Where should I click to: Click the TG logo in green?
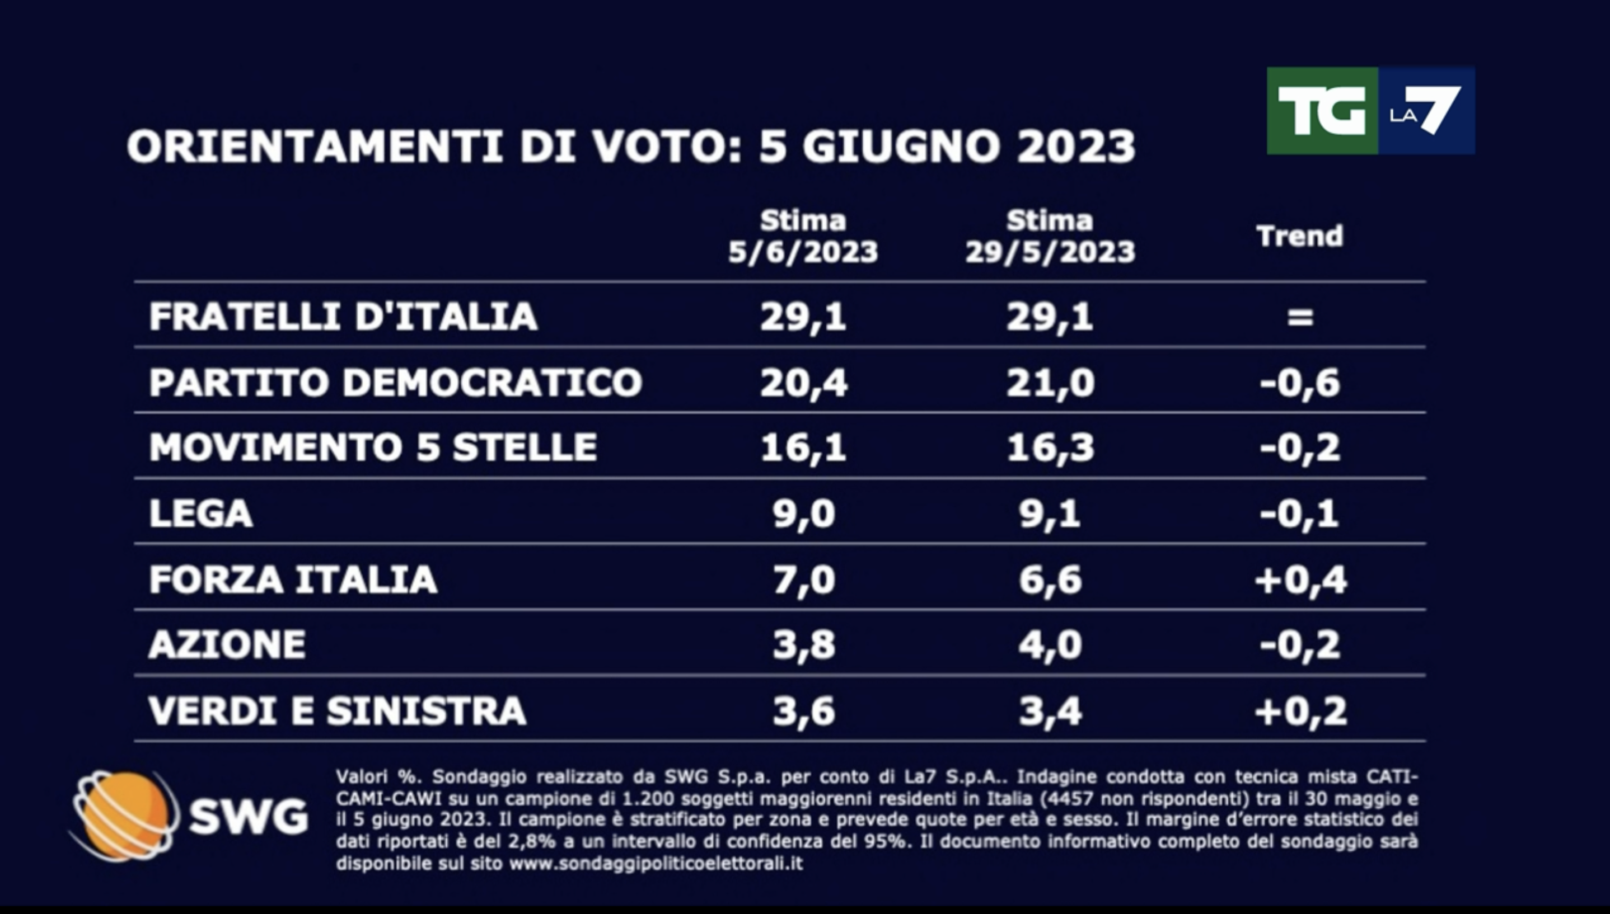tap(1322, 111)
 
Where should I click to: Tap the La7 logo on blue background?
tap(1426, 111)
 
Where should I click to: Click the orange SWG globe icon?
tap(123, 815)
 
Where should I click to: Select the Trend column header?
tap(1300, 237)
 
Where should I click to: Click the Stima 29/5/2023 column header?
tap(1050, 237)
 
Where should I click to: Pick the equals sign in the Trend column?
tap(1300, 317)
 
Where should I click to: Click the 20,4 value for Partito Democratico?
tap(803, 382)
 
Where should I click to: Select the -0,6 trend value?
tap(1300, 382)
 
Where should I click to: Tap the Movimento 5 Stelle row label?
tap(372, 447)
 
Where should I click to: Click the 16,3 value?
tap(1050, 448)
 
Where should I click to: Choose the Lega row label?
tap(201, 513)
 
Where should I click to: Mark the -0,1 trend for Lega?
tap(1300, 514)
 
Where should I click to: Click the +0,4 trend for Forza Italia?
tap(1300, 580)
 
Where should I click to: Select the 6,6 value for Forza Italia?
tap(1050, 580)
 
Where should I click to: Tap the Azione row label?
tap(227, 645)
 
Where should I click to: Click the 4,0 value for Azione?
tap(1050, 646)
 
